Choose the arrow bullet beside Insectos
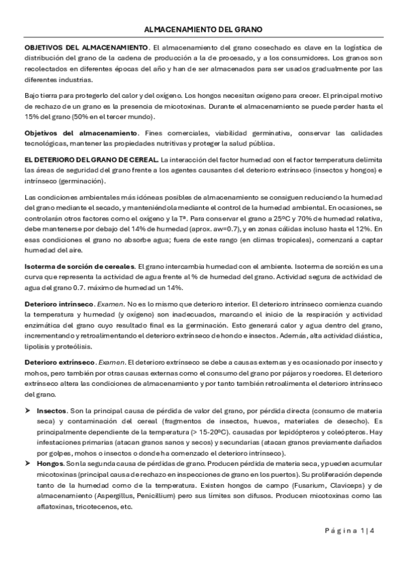(x=28, y=412)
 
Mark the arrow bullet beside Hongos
(x=28, y=463)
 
